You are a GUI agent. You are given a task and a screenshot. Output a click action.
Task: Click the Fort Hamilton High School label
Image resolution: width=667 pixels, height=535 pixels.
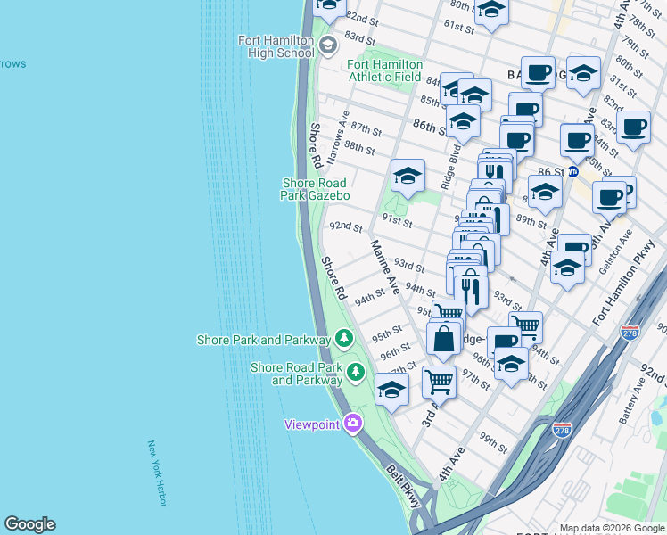[276, 46]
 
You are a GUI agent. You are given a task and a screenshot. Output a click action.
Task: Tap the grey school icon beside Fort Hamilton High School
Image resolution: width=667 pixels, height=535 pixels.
[327, 45]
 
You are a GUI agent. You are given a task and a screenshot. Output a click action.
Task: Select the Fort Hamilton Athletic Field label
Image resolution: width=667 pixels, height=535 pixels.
[383, 70]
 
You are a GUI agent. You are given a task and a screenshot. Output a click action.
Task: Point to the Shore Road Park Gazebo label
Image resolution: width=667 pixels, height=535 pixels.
[314, 189]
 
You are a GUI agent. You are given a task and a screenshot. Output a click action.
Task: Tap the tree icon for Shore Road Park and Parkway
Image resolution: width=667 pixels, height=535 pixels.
[356, 371]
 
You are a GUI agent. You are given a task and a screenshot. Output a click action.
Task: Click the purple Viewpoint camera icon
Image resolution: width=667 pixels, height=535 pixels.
[353, 423]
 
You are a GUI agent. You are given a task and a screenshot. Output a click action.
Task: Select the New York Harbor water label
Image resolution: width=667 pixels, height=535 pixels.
[157, 473]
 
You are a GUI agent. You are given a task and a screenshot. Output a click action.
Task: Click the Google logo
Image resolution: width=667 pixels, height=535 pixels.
[29, 524]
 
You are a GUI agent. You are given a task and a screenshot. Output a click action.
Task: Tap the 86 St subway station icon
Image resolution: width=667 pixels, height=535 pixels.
[573, 169]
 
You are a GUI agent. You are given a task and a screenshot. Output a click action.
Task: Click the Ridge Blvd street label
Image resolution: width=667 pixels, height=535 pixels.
[457, 152]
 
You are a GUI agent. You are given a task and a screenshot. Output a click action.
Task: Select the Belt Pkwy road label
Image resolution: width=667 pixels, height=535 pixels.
[404, 484]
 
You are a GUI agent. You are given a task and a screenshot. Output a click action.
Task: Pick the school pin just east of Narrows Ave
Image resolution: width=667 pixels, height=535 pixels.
[407, 175]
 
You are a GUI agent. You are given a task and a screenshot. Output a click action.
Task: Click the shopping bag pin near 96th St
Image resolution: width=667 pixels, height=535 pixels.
[443, 339]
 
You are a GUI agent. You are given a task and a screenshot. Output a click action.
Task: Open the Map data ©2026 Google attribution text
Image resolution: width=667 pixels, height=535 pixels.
[611, 527]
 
